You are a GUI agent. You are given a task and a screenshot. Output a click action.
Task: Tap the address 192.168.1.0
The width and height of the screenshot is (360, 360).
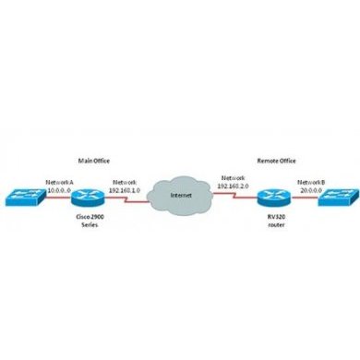pyautogui.click(x=124, y=189)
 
